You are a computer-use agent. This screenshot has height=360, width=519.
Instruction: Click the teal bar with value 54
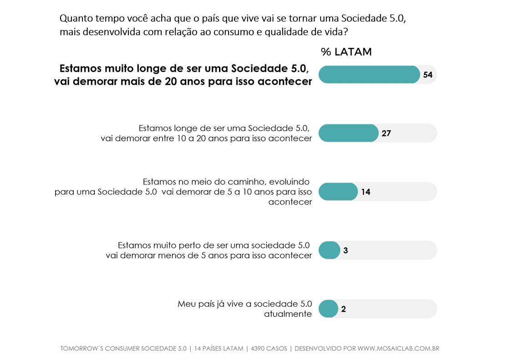(369, 75)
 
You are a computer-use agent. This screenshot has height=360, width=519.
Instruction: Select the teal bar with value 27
(348, 133)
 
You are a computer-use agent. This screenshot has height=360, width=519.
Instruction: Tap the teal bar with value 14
(338, 192)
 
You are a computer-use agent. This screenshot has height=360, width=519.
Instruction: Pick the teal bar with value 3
(329, 250)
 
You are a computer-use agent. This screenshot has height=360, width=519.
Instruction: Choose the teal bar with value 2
(328, 309)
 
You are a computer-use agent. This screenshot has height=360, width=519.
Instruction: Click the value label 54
(427, 75)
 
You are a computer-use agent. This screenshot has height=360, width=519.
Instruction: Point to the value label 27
(386, 134)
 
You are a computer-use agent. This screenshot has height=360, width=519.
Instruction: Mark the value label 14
(366, 192)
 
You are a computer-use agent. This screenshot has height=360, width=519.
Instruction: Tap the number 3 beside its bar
(346, 250)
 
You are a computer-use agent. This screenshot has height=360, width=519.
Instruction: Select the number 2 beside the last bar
(343, 309)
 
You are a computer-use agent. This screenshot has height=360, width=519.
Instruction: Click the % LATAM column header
(346, 52)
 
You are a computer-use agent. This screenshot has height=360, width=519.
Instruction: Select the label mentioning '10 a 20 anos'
(206, 133)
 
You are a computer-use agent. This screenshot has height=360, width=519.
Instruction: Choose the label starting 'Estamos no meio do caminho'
(183, 191)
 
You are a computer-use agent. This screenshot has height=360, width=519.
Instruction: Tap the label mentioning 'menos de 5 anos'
(209, 250)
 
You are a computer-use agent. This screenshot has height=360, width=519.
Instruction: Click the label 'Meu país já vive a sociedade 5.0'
(244, 309)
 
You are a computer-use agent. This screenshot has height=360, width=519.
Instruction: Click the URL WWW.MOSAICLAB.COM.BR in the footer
(398, 349)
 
